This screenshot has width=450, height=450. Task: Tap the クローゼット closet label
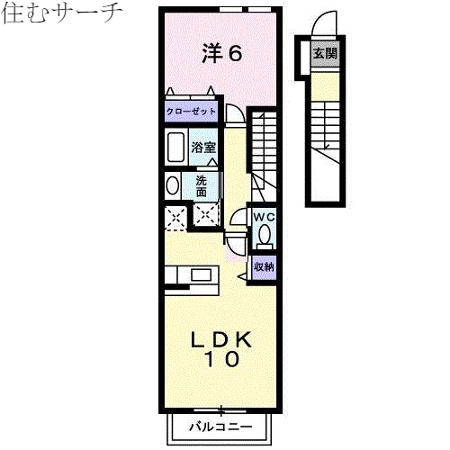(x=190, y=112)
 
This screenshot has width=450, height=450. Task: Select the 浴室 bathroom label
(x=202, y=147)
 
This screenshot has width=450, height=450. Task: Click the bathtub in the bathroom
(x=175, y=147)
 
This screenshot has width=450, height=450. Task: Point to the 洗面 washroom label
(x=202, y=185)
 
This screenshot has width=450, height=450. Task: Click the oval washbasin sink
(x=172, y=185)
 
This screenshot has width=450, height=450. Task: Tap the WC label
(x=263, y=218)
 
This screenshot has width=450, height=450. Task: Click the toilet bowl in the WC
(x=264, y=235)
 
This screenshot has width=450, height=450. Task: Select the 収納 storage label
(x=263, y=266)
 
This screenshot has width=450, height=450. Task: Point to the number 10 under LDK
(x=220, y=361)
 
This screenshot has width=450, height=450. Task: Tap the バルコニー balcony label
(x=220, y=427)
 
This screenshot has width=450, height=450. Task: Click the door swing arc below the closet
(x=233, y=114)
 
